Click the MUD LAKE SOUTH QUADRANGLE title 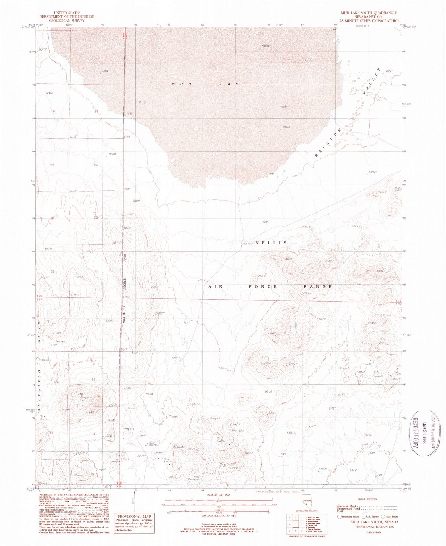[369, 13]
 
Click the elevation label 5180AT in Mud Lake [265, 46]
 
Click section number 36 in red [95, 271]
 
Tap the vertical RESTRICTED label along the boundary [123, 315]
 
